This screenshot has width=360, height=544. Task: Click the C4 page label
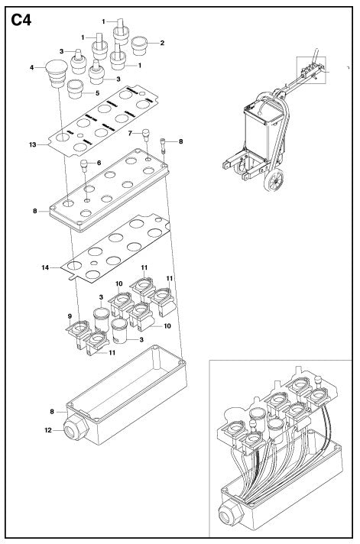click(21, 20)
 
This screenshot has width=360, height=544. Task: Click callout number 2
click(162, 43)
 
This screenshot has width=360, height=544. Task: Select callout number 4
click(31, 68)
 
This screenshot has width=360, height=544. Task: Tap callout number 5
click(98, 93)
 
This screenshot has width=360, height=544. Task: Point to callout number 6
click(99, 163)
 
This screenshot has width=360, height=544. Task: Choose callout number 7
click(130, 133)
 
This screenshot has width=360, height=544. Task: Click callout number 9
click(70, 316)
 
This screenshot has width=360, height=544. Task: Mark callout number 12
click(48, 430)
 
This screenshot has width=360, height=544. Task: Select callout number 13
click(33, 144)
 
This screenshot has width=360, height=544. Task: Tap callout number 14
click(45, 267)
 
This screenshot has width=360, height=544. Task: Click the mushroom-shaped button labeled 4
click(57, 73)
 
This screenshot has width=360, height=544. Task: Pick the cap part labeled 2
click(140, 45)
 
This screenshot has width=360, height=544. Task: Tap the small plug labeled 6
click(83, 165)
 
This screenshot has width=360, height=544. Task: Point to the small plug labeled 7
click(146, 134)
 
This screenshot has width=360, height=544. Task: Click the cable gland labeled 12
click(76, 427)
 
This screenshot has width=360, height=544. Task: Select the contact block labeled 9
click(79, 332)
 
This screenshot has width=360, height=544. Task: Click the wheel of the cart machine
click(274, 180)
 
